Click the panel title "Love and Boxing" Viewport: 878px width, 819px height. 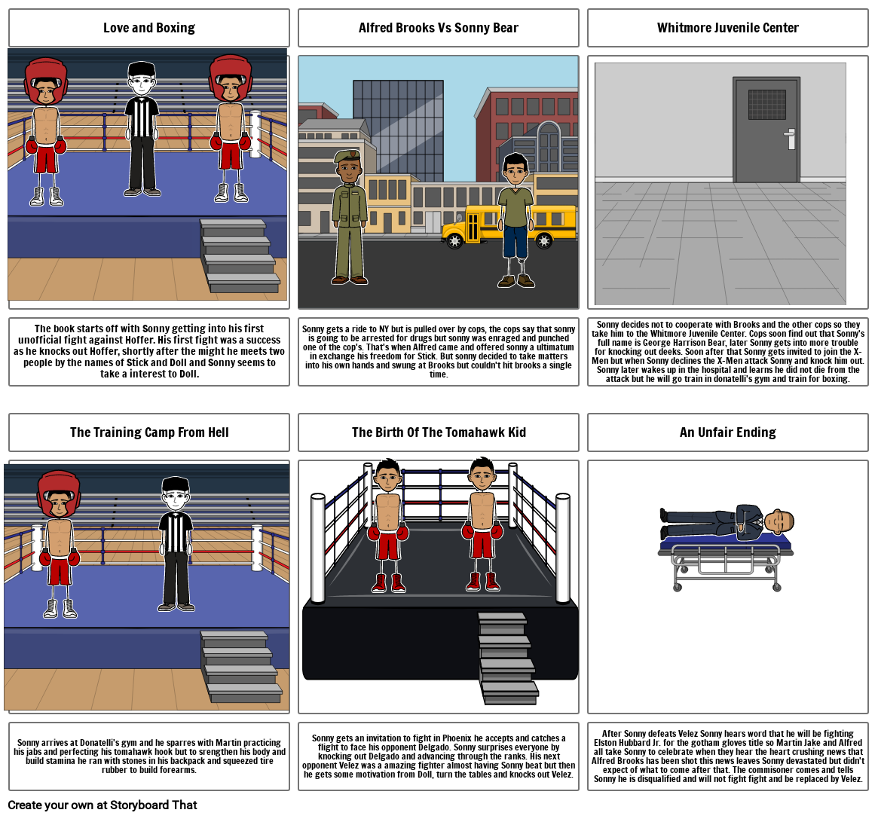149,28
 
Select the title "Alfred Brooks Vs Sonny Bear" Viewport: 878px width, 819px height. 439,28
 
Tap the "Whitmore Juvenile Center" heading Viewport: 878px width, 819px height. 727,28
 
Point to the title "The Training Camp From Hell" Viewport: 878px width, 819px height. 149,432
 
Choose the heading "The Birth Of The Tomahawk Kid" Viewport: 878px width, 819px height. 439,432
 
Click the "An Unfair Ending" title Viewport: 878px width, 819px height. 727,432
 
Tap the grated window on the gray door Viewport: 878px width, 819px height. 766,105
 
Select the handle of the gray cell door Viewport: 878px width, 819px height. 790,139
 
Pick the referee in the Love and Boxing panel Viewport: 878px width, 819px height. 142,128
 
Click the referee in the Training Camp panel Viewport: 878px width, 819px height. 176,542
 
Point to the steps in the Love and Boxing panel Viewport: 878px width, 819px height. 240,256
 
